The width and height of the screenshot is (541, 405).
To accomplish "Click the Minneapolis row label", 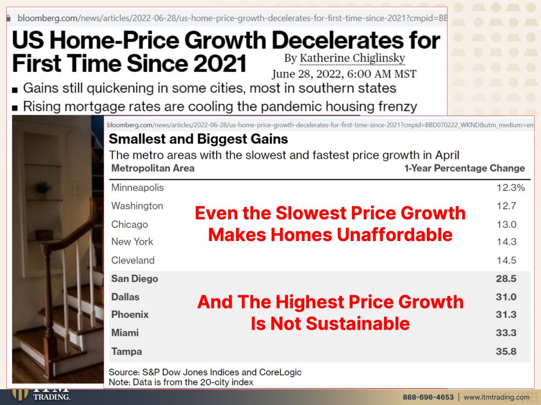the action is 137,188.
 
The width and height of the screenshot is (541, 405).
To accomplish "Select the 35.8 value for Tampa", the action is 506,351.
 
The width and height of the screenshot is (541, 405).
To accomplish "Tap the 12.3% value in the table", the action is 511,188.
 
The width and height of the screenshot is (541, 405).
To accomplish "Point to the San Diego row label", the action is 135,278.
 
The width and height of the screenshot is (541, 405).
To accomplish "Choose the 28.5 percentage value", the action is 506,278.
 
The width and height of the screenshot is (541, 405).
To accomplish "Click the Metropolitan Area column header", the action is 153,168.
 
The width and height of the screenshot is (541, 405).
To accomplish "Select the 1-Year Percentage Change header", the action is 464,168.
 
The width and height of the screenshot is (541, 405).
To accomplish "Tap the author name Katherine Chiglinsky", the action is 352,58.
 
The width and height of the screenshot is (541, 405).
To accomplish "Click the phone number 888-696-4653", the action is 428,397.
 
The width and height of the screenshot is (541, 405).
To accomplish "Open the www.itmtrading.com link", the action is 497,397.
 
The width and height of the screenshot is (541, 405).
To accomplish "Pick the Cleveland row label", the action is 133,261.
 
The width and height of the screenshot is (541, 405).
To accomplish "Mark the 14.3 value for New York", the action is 507,242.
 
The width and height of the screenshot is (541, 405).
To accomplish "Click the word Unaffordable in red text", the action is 394,235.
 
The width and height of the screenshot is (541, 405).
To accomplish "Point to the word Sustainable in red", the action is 358,324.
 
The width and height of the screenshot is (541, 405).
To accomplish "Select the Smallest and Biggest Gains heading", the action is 199,139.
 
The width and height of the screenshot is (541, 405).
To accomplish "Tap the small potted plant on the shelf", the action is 42,189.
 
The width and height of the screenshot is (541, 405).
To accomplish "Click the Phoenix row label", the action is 130,315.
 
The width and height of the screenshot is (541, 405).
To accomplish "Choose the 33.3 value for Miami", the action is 506,333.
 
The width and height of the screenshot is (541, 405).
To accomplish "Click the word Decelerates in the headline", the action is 339,40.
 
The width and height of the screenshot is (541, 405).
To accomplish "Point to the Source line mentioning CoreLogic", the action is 205,372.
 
